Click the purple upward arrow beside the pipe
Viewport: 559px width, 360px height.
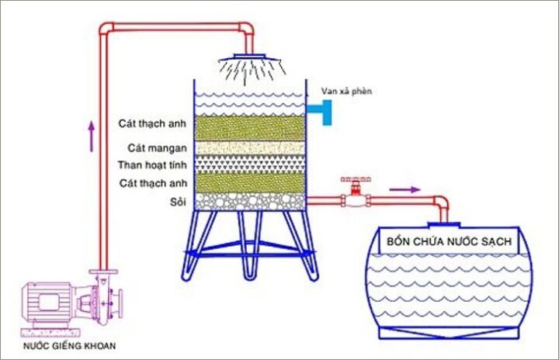[92, 135]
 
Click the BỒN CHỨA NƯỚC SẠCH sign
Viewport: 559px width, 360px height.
[450, 243]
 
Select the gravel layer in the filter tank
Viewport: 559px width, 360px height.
[248, 202]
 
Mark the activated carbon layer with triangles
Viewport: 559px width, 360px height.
[248, 164]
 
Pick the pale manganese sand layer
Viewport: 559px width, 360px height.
[248, 147]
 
